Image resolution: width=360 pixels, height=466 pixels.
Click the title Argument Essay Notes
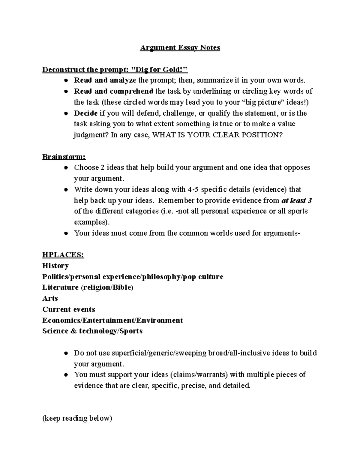[180, 48]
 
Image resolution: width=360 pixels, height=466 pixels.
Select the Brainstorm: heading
[64, 157]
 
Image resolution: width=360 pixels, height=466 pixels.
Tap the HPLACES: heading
[63, 255]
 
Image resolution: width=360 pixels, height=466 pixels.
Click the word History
[55, 266]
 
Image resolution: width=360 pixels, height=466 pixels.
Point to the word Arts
[50, 298]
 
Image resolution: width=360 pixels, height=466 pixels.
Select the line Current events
[69, 309]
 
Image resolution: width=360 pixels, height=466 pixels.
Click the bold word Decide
[85, 113]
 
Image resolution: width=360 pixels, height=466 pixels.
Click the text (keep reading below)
[77, 418]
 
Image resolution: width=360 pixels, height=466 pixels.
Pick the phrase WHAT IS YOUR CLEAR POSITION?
[217, 135]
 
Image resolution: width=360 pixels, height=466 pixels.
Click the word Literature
[60, 287]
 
